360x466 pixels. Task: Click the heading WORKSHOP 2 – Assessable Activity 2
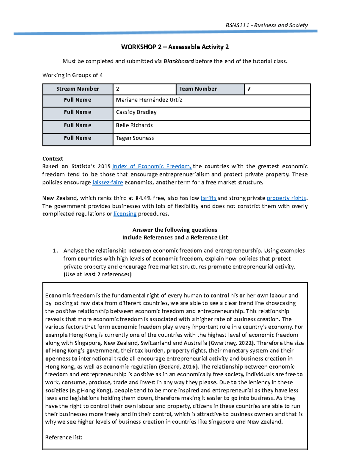click(175, 47)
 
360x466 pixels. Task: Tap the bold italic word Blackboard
click(178, 61)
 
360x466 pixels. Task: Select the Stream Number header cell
click(77, 89)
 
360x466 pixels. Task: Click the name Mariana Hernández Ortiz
click(149, 100)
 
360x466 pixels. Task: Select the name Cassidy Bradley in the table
click(136, 112)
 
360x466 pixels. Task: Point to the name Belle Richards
click(134, 125)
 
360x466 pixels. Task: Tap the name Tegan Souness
click(135, 138)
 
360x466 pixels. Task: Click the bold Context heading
click(53, 159)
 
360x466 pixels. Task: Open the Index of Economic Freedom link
click(152, 167)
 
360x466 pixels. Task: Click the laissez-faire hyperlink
click(107, 182)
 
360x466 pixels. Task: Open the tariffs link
click(208, 198)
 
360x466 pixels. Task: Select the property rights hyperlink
click(286, 198)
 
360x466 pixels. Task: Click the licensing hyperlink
click(125, 214)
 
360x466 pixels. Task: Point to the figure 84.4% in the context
click(144, 198)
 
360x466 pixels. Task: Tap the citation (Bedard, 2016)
click(178, 367)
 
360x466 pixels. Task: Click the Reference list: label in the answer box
click(64, 437)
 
